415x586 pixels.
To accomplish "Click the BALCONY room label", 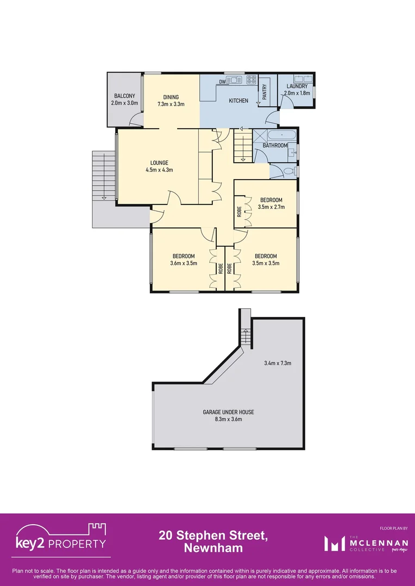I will (124, 96).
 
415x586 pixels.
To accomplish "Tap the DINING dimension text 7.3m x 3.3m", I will (171, 104).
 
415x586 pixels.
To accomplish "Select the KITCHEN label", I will (238, 101).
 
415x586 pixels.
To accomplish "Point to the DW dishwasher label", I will (222, 82).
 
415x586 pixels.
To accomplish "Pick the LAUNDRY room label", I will (297, 86).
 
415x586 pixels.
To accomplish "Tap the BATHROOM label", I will (275, 145).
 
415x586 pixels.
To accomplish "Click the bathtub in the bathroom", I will (282, 135).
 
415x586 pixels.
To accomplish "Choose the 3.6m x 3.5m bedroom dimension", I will (184, 263).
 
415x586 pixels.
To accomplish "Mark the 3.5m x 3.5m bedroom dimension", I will (266, 263).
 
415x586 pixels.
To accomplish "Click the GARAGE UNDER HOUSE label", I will (228, 412).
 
